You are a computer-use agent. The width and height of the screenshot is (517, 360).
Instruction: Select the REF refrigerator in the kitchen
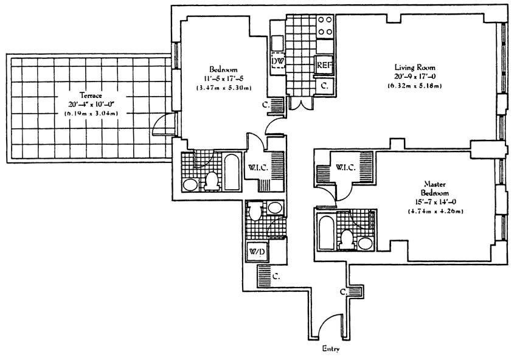(x=324, y=64)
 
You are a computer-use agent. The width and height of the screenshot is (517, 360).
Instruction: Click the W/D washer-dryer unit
(x=257, y=252)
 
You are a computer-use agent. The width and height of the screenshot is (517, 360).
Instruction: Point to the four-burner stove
(x=324, y=27)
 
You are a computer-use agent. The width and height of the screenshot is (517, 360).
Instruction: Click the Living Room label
(x=415, y=67)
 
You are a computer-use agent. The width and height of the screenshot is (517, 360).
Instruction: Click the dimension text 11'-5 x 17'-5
(x=223, y=79)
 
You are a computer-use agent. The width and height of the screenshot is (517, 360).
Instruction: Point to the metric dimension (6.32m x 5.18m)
(x=414, y=86)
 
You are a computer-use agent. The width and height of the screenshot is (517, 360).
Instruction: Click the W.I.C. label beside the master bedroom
(x=345, y=167)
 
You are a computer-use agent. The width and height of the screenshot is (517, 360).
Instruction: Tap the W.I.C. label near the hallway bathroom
(x=258, y=167)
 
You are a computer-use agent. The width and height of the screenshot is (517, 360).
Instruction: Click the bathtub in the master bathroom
(x=327, y=233)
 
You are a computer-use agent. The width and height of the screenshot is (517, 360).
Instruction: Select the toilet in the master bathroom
(x=347, y=240)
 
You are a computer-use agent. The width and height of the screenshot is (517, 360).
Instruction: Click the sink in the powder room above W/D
(x=274, y=208)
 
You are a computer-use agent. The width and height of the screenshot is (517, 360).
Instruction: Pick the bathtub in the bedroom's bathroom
(x=232, y=171)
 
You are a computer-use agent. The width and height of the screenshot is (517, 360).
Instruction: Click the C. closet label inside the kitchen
(x=325, y=86)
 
